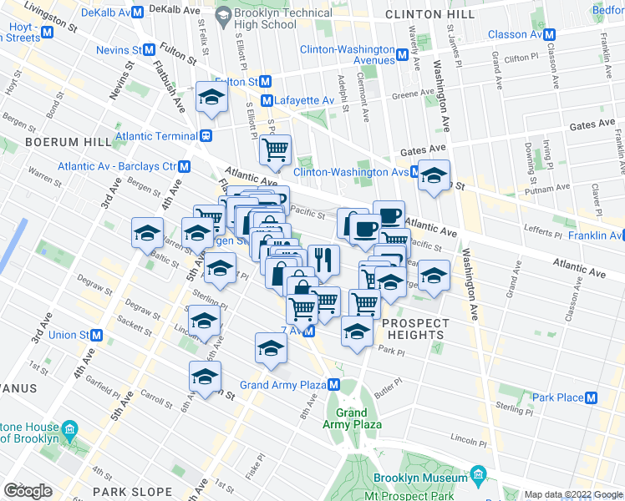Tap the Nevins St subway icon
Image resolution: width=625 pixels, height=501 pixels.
[x=150, y=49]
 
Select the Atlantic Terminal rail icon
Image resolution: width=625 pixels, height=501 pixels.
[x=205, y=136]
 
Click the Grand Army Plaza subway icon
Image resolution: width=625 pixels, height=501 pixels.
[x=333, y=384]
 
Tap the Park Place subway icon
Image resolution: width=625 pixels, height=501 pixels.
[x=592, y=397]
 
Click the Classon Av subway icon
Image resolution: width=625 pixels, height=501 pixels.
[x=550, y=34]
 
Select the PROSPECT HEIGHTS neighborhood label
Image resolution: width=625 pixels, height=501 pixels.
[x=415, y=329]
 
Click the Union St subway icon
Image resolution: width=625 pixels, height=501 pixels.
[x=97, y=335]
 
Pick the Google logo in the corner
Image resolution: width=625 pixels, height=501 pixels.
[x=28, y=490]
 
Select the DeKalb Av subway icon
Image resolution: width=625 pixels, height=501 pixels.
[x=137, y=13]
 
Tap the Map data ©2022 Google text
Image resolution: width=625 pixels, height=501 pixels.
[x=572, y=494]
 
